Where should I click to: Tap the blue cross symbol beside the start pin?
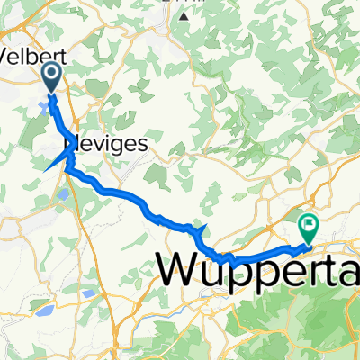[44, 108]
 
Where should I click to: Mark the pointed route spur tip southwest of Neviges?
[45, 169]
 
